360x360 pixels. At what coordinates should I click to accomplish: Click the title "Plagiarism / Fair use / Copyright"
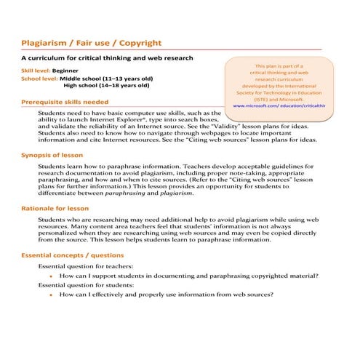click(x=91, y=43)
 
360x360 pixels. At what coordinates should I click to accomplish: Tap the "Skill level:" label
click(x=35, y=71)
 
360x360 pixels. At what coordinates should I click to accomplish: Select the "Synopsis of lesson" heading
click(x=52, y=155)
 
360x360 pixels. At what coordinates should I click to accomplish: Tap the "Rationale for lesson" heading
click(x=55, y=208)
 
